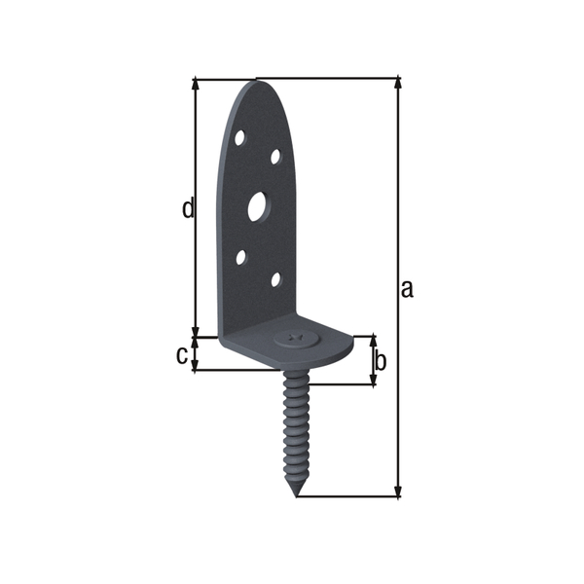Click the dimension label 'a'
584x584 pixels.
click(407, 288)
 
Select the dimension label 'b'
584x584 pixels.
click(381, 361)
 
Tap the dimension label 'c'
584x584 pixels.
click(181, 355)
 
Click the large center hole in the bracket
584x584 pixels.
click(258, 205)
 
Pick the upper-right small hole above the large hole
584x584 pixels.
click(275, 156)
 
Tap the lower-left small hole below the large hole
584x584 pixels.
click(240, 259)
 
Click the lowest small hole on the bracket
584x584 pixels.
click(275, 280)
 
